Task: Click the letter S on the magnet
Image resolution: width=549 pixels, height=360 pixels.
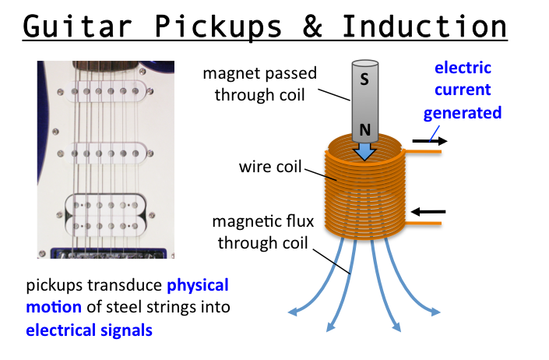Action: [364, 79]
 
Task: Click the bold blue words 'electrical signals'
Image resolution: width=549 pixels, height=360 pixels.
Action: [89, 330]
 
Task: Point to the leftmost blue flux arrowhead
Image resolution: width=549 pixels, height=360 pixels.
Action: [294, 312]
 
